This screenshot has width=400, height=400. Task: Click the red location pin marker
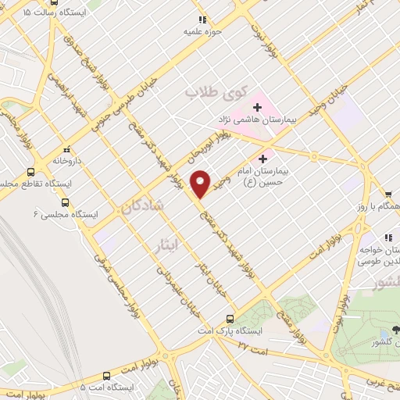tap(201, 183)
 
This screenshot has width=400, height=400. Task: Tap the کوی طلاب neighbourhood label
tap(210, 92)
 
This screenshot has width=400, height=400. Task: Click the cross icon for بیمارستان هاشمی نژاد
tap(257, 106)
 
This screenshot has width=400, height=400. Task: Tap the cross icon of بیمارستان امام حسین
tap(273, 159)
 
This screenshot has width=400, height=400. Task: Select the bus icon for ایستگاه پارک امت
tap(230, 319)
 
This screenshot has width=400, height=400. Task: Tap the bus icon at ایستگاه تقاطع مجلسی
tap(31, 172)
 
